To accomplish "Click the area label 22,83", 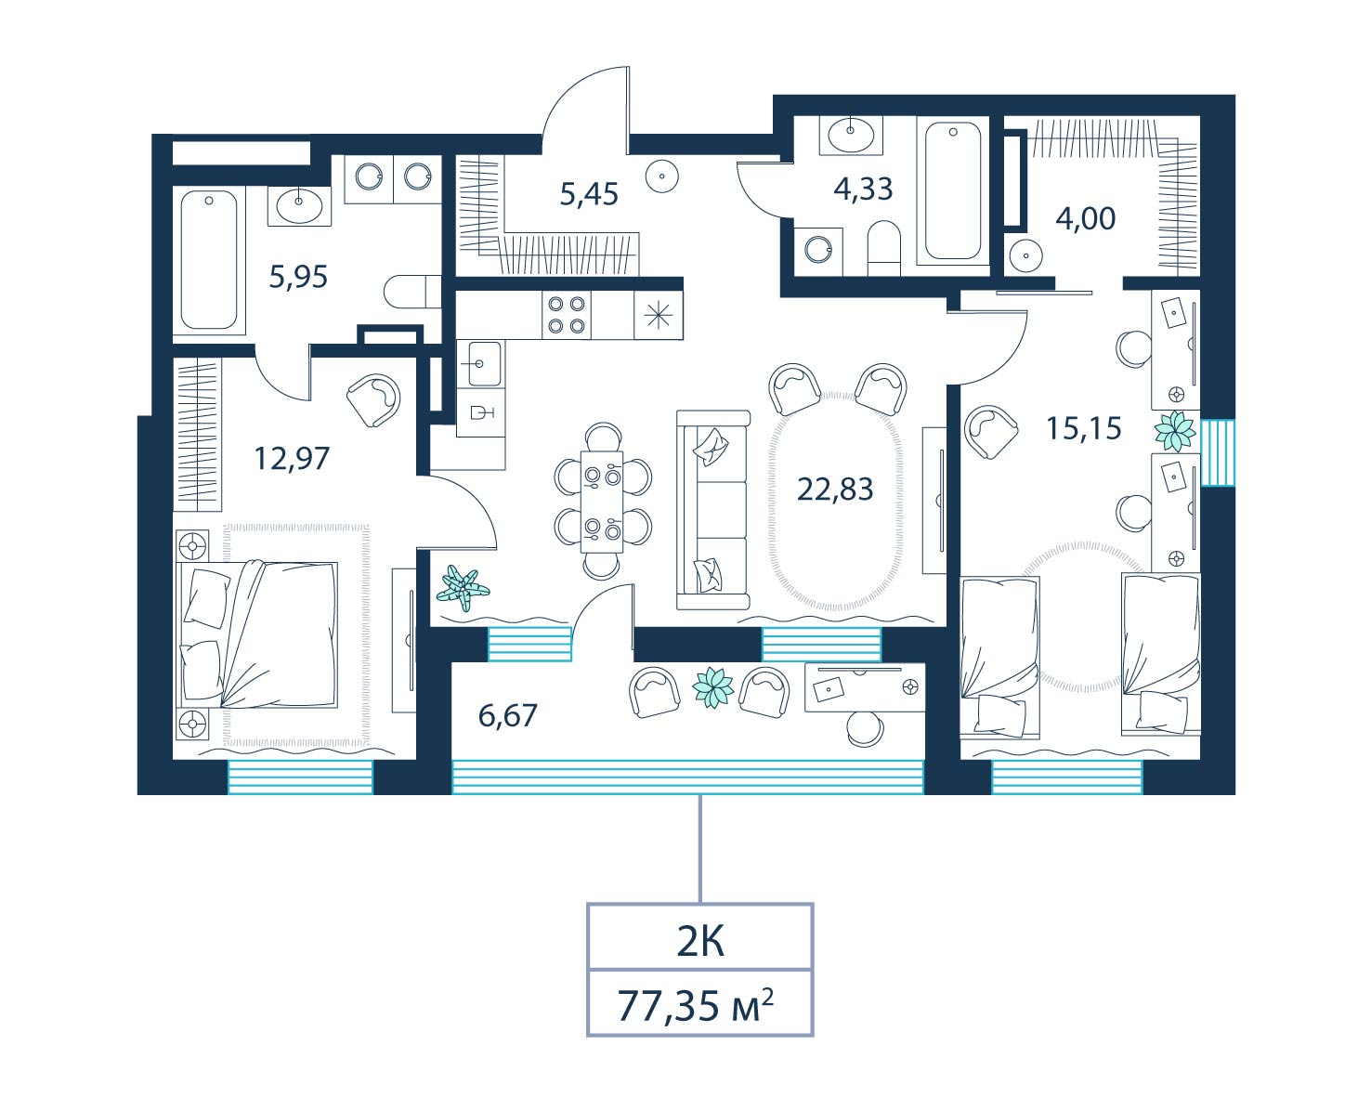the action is pyautogui.click(x=834, y=490).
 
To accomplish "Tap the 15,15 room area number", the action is pyautogui.click(x=1084, y=429).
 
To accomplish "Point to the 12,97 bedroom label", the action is pyautogui.click(x=292, y=459).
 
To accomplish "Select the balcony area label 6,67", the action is pyautogui.click(x=508, y=715).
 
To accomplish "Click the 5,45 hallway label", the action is pyautogui.click(x=589, y=193).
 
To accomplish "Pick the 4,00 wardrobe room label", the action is pyautogui.click(x=1086, y=218).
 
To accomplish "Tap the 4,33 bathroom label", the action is pyautogui.click(x=863, y=189).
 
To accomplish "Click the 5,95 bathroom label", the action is pyautogui.click(x=298, y=277).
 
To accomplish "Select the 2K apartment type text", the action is pyautogui.click(x=700, y=943).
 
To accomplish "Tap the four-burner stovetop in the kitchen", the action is pyautogui.click(x=567, y=315).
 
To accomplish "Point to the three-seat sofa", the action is pyautogui.click(x=712, y=510).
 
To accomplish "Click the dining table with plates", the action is pyautogui.click(x=602, y=502).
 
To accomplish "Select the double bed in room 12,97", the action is pyautogui.click(x=256, y=633).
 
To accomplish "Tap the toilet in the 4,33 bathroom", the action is pyautogui.click(x=884, y=248).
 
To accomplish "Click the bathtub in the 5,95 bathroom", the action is pyautogui.click(x=209, y=261).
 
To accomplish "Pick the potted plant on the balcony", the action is pyautogui.click(x=712, y=687).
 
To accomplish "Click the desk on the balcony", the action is pyautogui.click(x=865, y=687).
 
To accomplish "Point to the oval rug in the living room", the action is pyautogui.click(x=835, y=501).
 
